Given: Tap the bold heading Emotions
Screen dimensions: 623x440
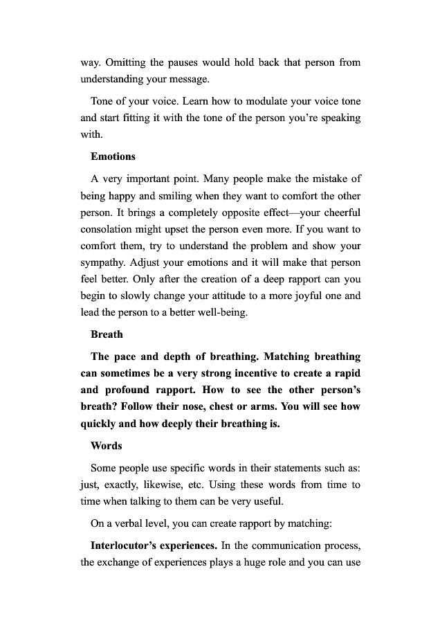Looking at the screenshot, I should point(113,156).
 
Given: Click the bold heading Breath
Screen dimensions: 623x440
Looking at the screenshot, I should point(107,334).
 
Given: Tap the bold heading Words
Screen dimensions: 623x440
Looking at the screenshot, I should point(107,446).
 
